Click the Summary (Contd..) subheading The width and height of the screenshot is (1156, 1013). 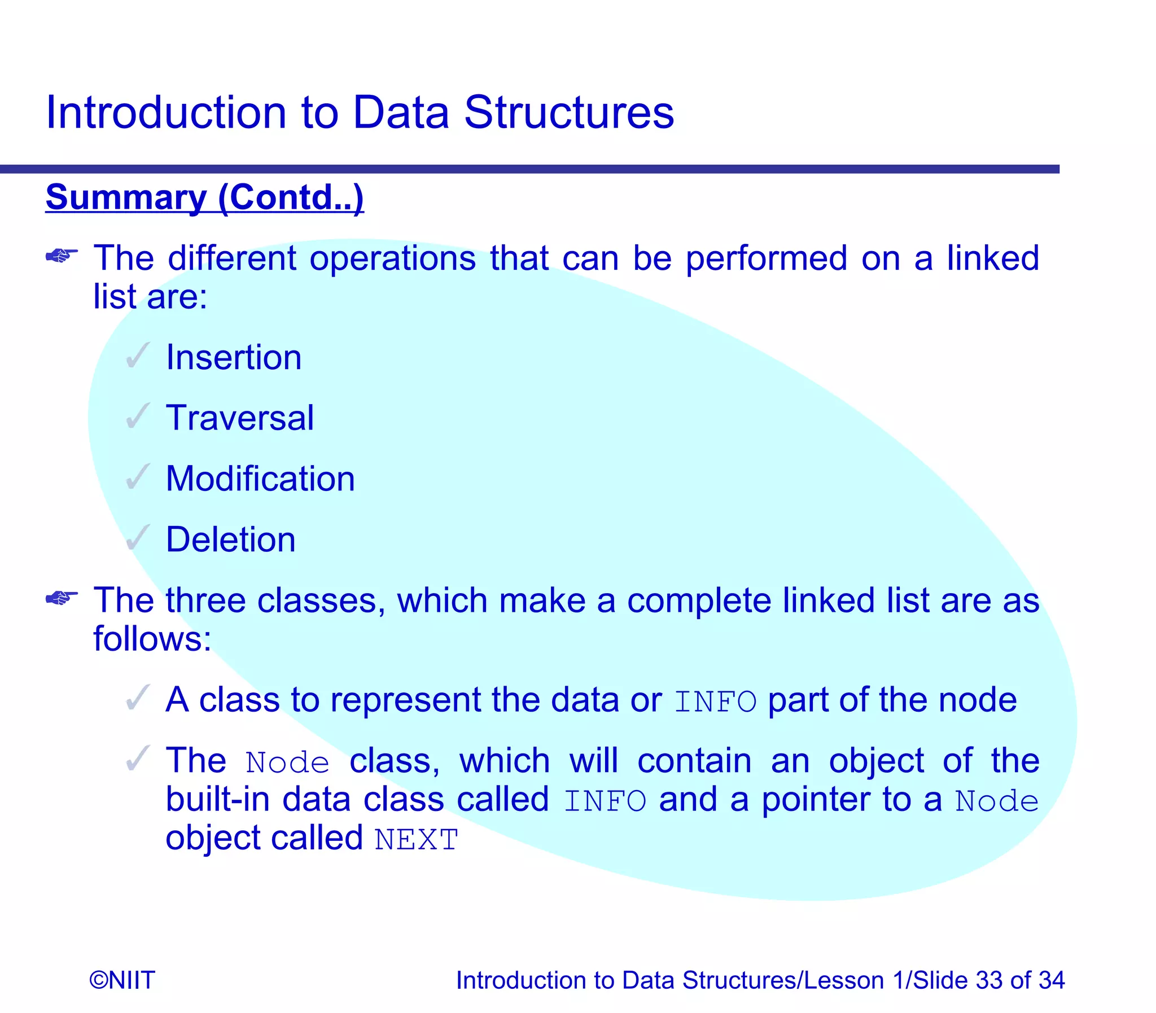[x=205, y=198]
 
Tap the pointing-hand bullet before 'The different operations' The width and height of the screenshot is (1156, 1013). [x=61, y=257]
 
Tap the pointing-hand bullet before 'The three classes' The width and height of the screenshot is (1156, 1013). [x=61, y=598]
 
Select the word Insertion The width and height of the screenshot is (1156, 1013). [x=234, y=358]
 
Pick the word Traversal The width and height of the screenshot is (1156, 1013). [x=240, y=418]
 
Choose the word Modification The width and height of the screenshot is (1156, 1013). [x=260, y=479]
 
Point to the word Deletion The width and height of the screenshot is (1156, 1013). [x=231, y=540]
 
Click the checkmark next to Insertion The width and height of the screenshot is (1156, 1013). [x=137, y=356]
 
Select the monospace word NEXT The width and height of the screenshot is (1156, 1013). [x=416, y=840]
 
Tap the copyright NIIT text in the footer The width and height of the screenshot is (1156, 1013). [x=122, y=980]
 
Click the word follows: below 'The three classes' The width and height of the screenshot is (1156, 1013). [x=152, y=639]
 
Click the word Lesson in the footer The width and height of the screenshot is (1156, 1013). [x=844, y=980]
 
